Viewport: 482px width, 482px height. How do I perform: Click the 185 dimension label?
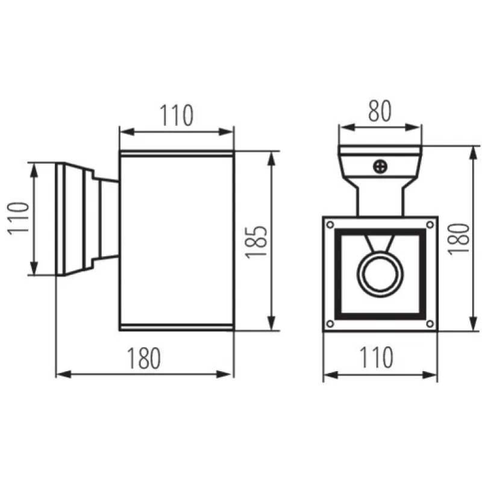(x=257, y=242)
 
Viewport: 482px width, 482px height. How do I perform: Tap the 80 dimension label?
(x=380, y=111)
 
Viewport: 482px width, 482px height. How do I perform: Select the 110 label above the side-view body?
(x=177, y=115)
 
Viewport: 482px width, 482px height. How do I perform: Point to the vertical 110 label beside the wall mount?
(x=18, y=219)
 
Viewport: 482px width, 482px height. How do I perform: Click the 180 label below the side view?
(x=143, y=358)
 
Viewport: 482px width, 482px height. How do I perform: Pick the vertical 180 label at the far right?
(x=459, y=239)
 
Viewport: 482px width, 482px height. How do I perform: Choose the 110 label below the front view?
(x=376, y=357)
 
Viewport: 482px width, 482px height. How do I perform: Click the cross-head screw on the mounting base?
(x=380, y=167)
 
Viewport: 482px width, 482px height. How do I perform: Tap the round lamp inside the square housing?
(x=380, y=275)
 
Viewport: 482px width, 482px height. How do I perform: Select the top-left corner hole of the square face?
(x=330, y=225)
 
